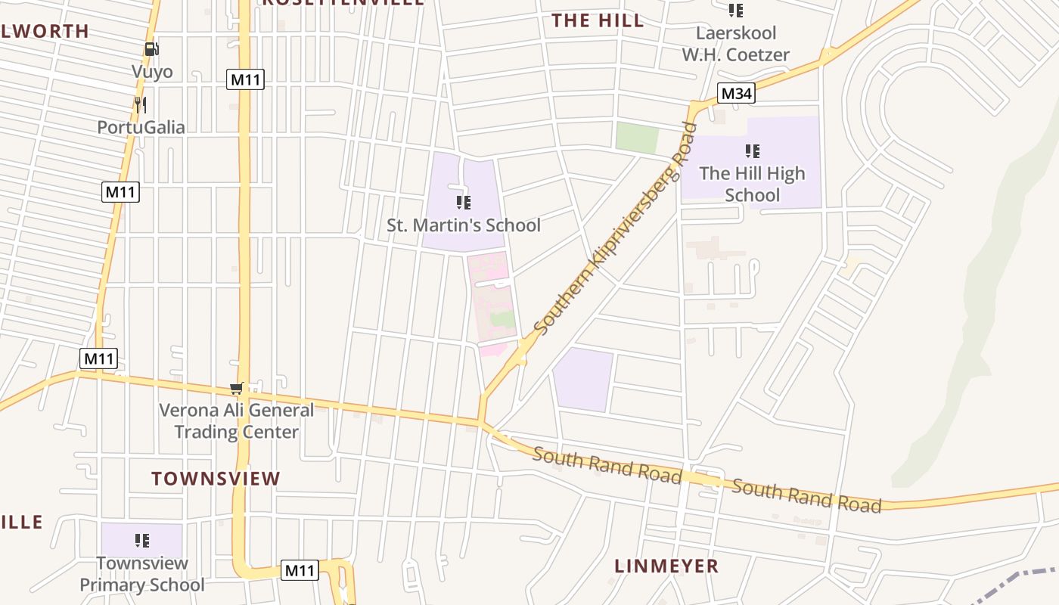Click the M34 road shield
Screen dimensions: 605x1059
pyautogui.click(x=736, y=93)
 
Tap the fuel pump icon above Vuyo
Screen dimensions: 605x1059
pyautogui.click(x=152, y=49)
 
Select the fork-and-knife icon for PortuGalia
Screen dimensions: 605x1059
pyautogui.click(x=140, y=104)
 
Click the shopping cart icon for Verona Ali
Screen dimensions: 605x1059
pyautogui.click(x=237, y=388)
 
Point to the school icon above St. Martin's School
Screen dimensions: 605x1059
pyautogui.click(x=464, y=202)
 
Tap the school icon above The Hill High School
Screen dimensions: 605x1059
pyautogui.click(x=752, y=150)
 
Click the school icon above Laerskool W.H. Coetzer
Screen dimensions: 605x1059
pyautogui.click(x=735, y=11)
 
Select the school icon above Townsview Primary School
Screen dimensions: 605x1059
pyautogui.click(x=141, y=540)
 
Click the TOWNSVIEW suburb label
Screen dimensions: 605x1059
pyautogui.click(x=216, y=479)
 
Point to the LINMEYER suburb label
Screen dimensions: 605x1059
pyautogui.click(x=666, y=566)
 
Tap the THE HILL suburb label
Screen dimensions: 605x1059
pyautogui.click(x=598, y=20)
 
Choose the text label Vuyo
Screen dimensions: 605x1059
pyautogui.click(x=152, y=72)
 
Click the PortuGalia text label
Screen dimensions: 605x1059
pyautogui.click(x=141, y=127)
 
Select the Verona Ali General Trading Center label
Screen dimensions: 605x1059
pyautogui.click(x=236, y=421)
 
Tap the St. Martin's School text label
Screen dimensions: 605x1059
pyautogui.click(x=464, y=225)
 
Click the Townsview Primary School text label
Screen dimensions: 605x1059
pyautogui.click(x=141, y=574)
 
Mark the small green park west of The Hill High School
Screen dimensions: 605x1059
pyautogui.click(x=636, y=138)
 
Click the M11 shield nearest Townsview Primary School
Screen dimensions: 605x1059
pyautogui.click(x=300, y=570)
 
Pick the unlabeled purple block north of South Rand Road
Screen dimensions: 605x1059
pyautogui.click(x=582, y=380)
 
